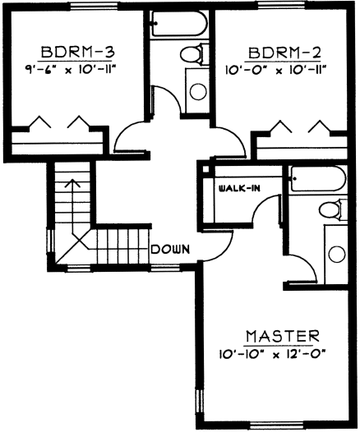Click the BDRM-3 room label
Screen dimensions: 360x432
coord(77,52)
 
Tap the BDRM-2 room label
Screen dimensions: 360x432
coord(284,53)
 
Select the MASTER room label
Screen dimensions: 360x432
coord(283,336)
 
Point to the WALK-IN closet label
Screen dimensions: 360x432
coord(239,188)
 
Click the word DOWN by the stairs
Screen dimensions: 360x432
coord(171,250)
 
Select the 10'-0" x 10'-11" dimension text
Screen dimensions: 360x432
coord(275,71)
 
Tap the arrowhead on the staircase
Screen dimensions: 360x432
coord(72,183)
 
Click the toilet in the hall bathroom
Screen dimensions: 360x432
coord(192,54)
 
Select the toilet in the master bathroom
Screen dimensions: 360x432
coord(332,210)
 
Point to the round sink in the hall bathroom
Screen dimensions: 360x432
coord(198,92)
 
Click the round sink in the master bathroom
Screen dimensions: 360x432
coord(337,255)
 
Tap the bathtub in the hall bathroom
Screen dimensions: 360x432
coord(178,24)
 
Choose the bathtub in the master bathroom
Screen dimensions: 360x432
coord(317,179)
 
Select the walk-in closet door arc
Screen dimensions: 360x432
coord(262,205)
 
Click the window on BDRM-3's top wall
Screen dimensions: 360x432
coord(95,6)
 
